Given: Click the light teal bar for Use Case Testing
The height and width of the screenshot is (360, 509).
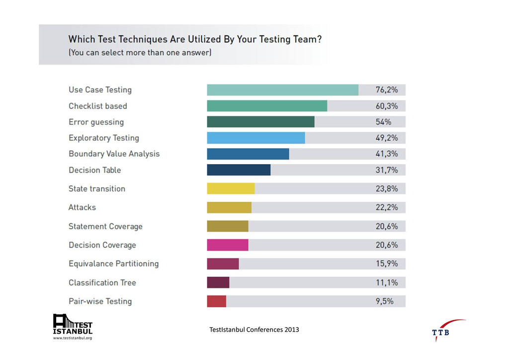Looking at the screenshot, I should coord(282,90).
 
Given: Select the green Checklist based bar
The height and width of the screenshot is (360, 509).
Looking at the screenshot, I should coord(267,106).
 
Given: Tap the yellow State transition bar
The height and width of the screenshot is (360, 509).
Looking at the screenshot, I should coord(231,189).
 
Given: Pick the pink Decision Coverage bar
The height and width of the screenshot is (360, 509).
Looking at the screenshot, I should coord(228,245).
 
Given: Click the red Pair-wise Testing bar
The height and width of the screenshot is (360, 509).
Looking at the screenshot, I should coord(216,301).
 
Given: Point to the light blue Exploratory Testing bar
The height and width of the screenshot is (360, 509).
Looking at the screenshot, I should coord(255,138).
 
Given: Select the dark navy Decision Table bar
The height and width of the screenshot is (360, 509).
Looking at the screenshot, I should coord(239,170).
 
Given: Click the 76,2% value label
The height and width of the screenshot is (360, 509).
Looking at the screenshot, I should coord(387,90).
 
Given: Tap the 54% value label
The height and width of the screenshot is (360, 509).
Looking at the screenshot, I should coord(383,122).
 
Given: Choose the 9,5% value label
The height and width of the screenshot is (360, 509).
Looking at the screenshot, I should coord(385,301).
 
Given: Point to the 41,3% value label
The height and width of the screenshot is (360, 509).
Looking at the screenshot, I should coord(387,154).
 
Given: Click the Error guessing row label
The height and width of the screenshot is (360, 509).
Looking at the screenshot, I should coord(96,122).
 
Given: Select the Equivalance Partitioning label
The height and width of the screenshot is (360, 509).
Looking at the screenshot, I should coord(113,264).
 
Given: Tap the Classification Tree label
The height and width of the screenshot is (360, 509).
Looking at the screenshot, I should coord(102,282).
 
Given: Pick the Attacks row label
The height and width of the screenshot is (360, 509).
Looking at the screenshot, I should coord(82,207).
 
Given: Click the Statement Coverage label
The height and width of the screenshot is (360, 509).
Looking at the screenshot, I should coord(105,226).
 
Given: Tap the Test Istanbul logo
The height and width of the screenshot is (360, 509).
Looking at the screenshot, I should coord(73,327).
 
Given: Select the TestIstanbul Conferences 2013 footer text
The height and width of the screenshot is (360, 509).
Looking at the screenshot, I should coord(254,329).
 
